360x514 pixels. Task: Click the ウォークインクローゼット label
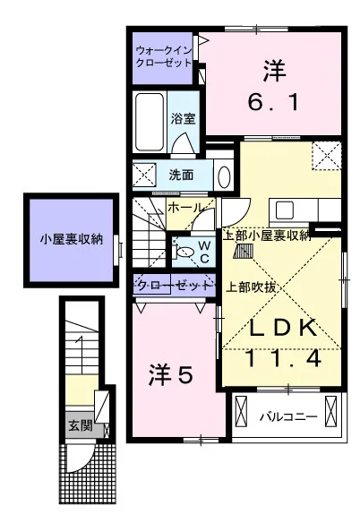coord(163,56)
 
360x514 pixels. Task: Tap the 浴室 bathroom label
coord(184,118)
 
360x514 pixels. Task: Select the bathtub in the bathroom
coord(150,122)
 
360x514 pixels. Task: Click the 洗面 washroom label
coord(181,175)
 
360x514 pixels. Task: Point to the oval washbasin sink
coord(224,176)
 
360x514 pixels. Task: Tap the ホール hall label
coord(184,208)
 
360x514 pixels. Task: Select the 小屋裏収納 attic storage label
coord(72,239)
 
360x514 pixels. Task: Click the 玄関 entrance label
coord(80,426)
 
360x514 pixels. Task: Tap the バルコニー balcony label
coord(289,417)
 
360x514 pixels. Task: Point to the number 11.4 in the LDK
coord(283,358)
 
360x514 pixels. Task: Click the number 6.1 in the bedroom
coord(274,102)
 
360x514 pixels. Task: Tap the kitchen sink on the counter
coord(284,210)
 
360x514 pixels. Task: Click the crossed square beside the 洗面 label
coord(144,175)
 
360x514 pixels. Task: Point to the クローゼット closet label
coord(174,286)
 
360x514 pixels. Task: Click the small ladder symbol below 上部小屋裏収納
coord(244,252)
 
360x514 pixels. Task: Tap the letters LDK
coord(283,328)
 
